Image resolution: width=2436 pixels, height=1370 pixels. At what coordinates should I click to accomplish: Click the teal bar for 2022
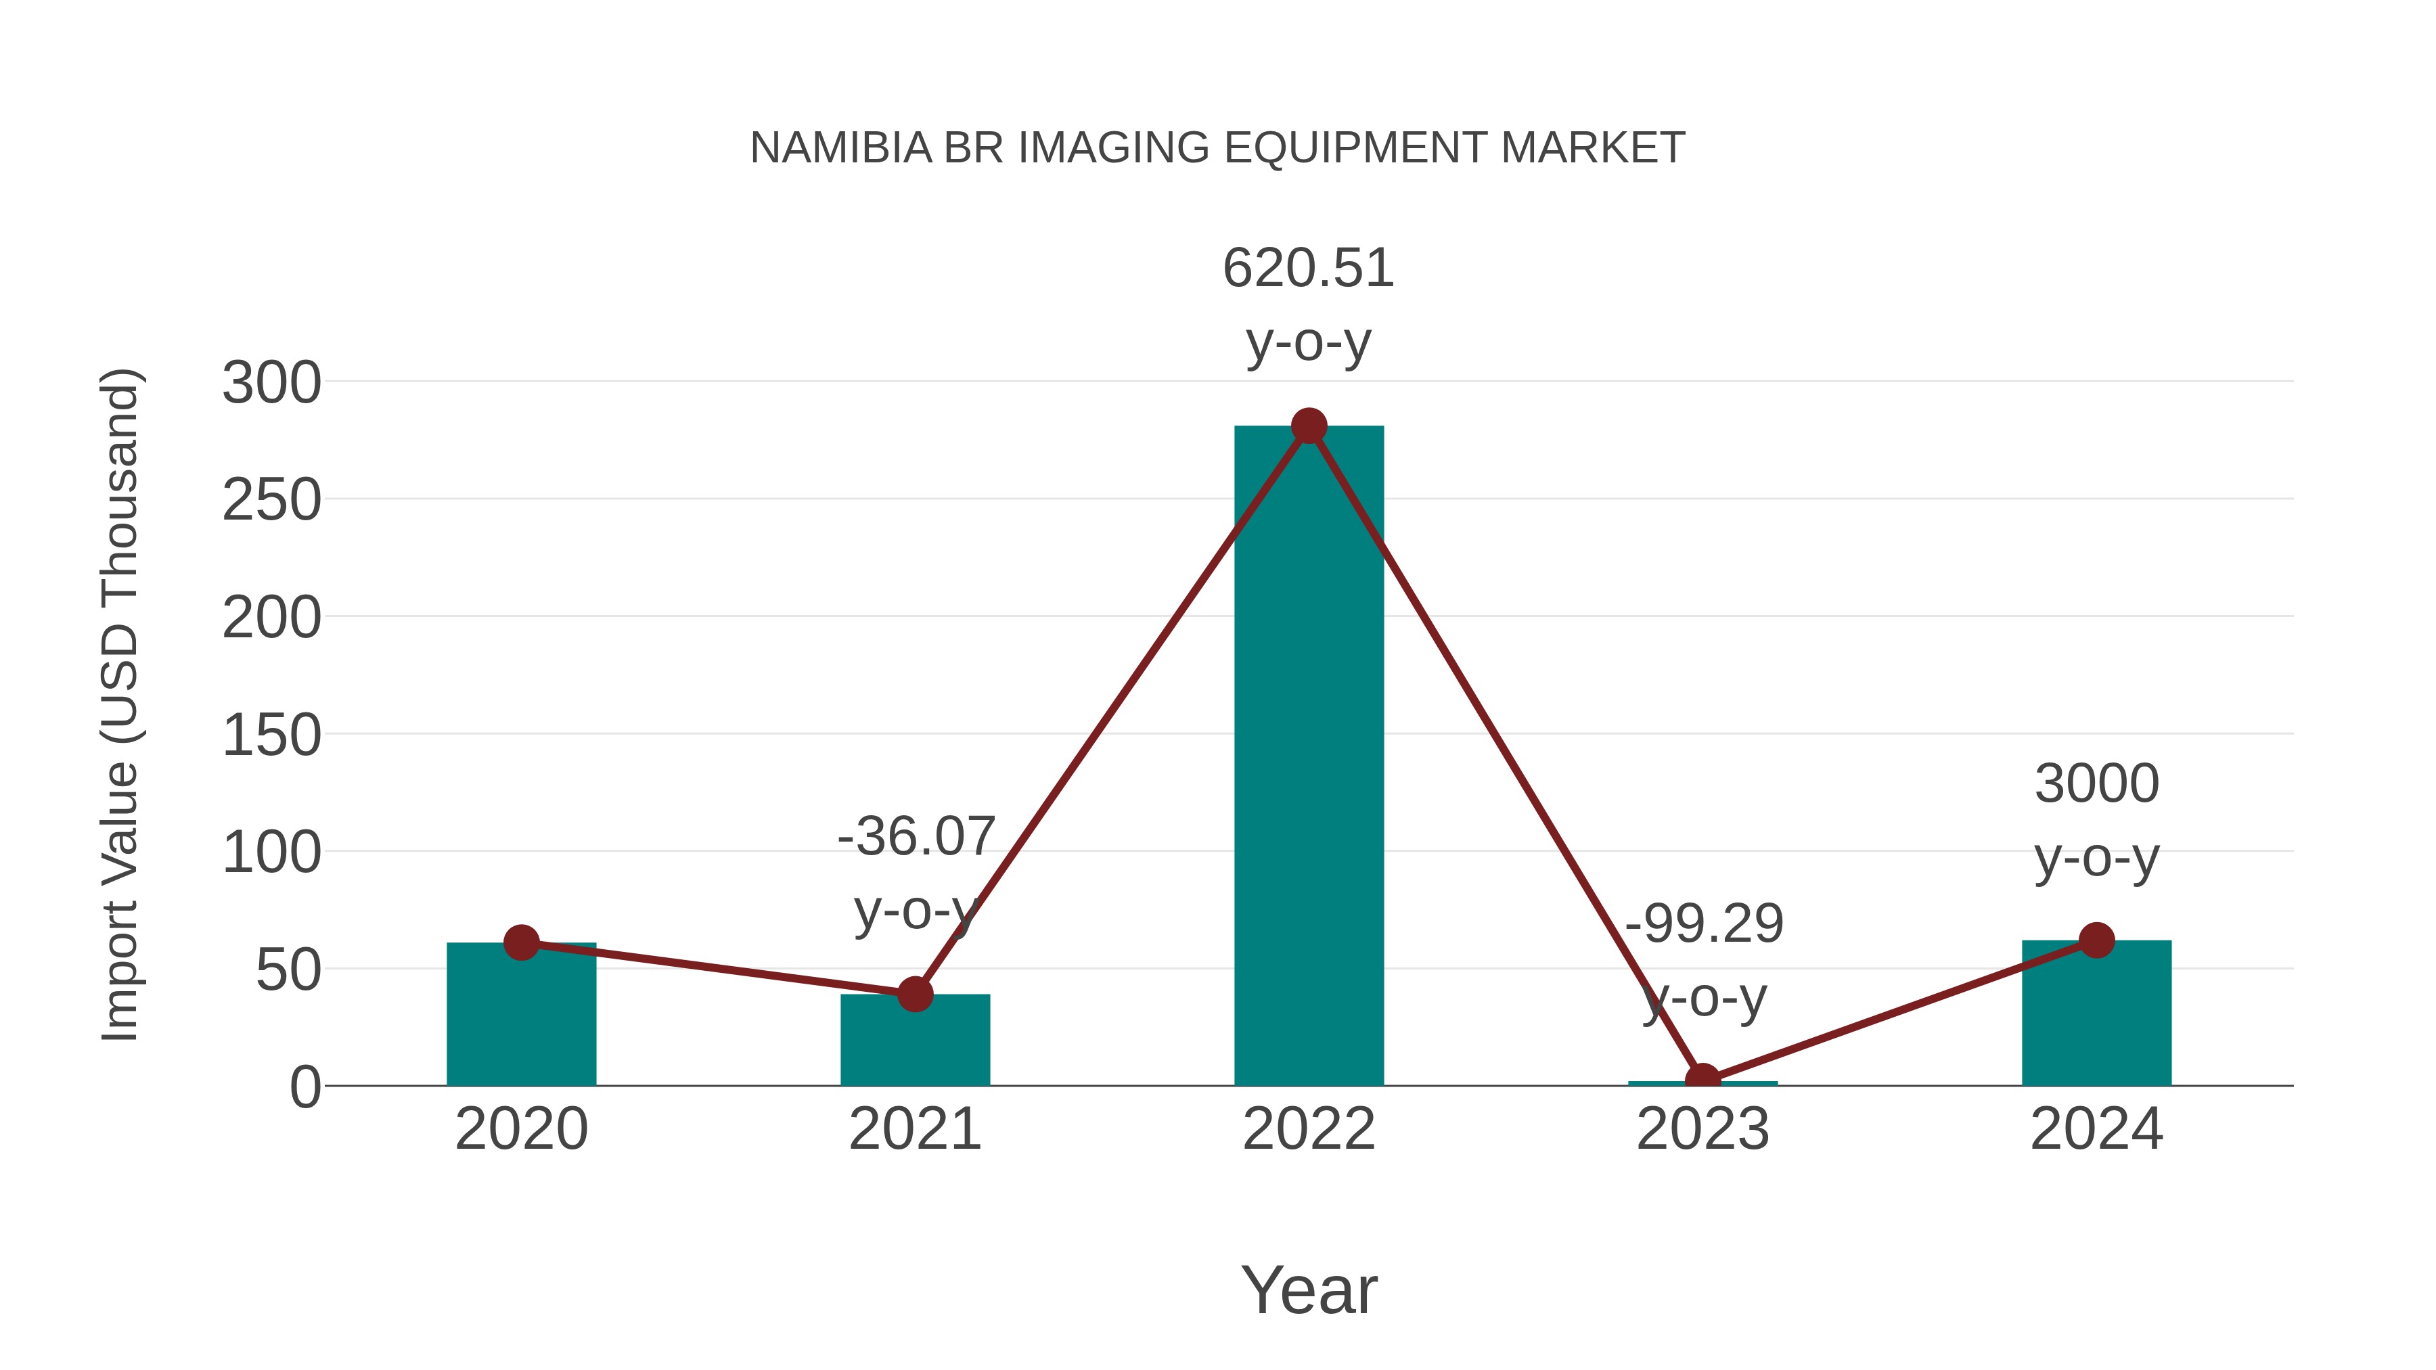[x=1309, y=756]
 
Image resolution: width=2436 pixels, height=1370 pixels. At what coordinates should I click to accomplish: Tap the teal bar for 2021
[x=914, y=1040]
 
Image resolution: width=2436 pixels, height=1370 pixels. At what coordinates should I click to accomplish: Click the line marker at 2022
[x=1309, y=426]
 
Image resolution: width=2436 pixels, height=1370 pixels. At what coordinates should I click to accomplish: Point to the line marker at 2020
[x=521, y=942]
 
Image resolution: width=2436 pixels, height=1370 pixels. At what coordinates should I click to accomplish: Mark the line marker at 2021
[x=914, y=995]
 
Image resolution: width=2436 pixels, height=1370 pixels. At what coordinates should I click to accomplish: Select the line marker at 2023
[x=1702, y=1080]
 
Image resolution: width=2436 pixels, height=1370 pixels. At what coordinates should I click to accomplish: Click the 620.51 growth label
[x=1309, y=269]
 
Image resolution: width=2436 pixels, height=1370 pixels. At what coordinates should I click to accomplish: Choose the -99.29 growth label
[x=1704, y=923]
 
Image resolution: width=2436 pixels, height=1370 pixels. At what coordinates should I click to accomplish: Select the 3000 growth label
[x=2096, y=784]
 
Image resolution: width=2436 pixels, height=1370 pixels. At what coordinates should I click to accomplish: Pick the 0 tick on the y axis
[x=304, y=1087]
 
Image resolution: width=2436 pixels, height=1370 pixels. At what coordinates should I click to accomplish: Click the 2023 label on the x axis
[x=1702, y=1129]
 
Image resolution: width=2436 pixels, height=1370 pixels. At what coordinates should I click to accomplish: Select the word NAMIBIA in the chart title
[x=840, y=148]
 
